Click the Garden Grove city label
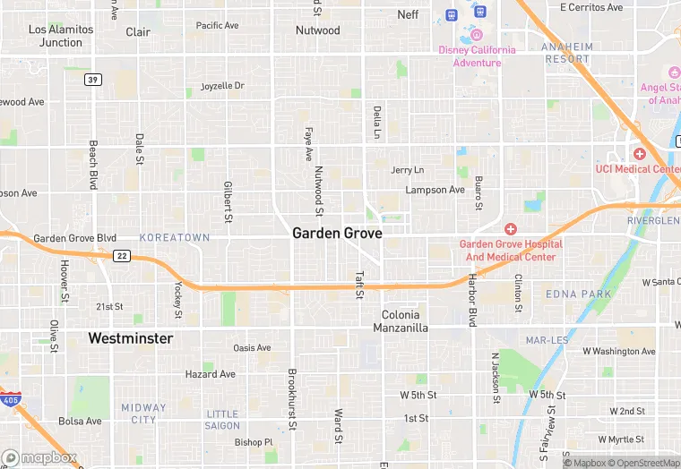[x=337, y=233]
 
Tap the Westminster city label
[x=131, y=338]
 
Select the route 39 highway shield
[x=92, y=80]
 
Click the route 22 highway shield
[x=121, y=256]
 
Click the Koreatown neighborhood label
[x=175, y=237]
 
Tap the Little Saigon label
[x=223, y=420]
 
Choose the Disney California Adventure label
[x=477, y=56]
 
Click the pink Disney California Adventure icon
[x=477, y=36]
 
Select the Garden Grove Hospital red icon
[x=510, y=229]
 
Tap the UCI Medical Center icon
[x=639, y=154]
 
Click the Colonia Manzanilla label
[x=405, y=321]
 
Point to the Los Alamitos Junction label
[x=61, y=36]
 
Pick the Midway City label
[x=143, y=414]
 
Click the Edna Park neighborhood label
[x=579, y=294]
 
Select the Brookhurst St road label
[x=291, y=396]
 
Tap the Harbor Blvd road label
[x=471, y=299]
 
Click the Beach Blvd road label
[x=92, y=164]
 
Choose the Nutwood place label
[x=318, y=30]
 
